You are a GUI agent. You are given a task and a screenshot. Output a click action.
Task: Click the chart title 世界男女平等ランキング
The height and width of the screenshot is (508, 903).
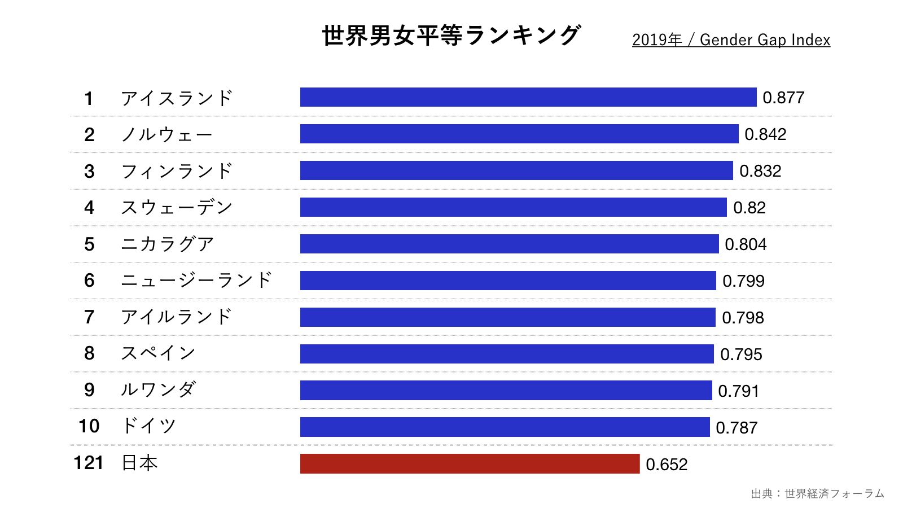coord(451,36)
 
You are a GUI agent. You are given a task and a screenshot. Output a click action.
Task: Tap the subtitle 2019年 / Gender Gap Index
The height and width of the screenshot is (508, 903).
coord(731,40)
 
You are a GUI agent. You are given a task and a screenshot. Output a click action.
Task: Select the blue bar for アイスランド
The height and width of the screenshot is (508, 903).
coord(528,97)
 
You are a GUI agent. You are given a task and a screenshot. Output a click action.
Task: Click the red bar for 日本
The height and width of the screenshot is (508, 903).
coord(470,464)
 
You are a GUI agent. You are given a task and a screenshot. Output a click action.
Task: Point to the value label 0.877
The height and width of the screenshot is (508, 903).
coord(783,98)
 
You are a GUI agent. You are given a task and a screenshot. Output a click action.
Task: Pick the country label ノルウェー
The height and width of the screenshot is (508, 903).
coord(167,134)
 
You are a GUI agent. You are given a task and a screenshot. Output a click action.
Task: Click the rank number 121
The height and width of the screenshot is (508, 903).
coord(89,463)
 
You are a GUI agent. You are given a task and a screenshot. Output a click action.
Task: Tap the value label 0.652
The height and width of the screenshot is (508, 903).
coord(667,465)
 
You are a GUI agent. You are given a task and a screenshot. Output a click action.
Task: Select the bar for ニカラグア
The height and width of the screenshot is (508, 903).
coord(509,244)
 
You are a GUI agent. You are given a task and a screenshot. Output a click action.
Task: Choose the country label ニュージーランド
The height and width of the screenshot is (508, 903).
coord(196,281)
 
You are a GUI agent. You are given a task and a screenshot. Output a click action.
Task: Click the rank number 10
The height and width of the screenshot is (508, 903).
coord(89,426)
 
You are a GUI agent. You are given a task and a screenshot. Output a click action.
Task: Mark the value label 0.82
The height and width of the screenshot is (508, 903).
coord(749,208)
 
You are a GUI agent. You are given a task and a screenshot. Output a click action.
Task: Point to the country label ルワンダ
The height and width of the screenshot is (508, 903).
coord(158,389)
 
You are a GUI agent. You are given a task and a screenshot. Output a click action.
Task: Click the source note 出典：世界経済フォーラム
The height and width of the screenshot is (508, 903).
coord(817,494)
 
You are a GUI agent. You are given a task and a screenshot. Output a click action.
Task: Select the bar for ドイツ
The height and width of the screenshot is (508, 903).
coord(505,427)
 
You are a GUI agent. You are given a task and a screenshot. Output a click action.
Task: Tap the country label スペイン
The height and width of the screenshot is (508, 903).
coord(158,353)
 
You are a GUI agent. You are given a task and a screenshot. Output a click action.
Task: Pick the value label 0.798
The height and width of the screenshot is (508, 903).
coord(743,318)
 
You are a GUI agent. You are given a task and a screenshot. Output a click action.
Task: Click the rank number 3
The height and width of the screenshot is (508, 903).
coord(89,171)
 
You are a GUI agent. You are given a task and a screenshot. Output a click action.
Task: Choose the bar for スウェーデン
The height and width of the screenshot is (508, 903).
coord(513,207)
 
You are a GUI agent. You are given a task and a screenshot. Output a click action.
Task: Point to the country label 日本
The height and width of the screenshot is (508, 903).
coord(139,463)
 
